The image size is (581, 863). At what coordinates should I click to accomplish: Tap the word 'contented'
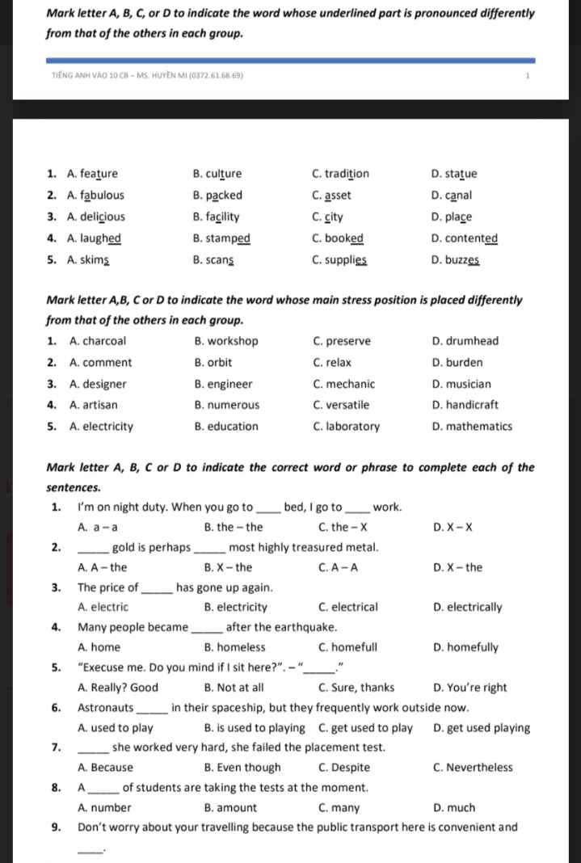tap(471, 238)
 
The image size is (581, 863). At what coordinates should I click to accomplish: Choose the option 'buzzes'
tap(463, 260)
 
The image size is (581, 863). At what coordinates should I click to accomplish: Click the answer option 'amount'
tap(237, 808)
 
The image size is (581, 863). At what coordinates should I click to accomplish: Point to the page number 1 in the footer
tap(526, 76)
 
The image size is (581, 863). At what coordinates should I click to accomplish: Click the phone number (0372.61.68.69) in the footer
tap(215, 76)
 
